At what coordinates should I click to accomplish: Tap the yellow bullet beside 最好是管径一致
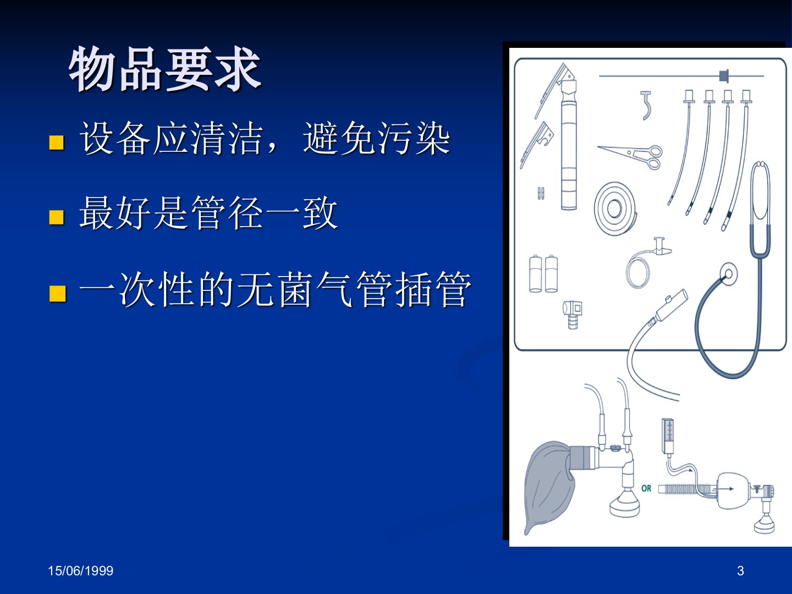coord(57,217)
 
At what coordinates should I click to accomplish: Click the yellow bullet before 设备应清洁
coord(57,142)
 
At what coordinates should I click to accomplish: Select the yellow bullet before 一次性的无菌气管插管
coord(57,293)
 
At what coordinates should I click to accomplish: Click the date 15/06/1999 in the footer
coord(80,571)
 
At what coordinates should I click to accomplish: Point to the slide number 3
coord(740,571)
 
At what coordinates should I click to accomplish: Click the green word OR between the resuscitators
coord(646,488)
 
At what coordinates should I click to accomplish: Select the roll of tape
coord(615,208)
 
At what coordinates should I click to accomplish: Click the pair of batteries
coord(543,273)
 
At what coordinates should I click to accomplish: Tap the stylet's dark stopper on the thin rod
coord(724,76)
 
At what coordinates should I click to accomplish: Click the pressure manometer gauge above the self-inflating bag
coord(668,436)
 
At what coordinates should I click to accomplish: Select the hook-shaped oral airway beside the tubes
coord(646,105)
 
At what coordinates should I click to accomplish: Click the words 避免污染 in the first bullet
coord(377,139)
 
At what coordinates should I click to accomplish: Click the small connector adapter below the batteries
coord(573,313)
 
